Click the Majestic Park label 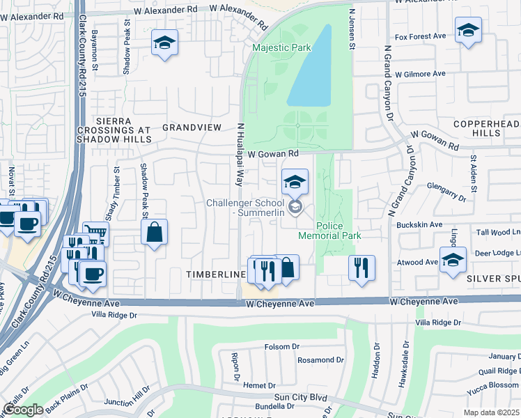(x=281, y=48)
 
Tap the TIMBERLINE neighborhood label (x=216, y=274)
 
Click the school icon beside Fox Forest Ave (x=468, y=30)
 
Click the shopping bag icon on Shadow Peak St (x=154, y=232)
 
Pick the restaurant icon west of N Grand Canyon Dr (x=361, y=267)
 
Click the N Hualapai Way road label (x=239, y=154)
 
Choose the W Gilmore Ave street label (x=419, y=74)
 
